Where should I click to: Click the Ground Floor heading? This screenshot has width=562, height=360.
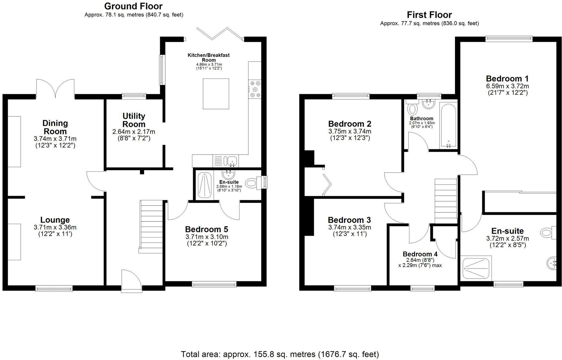coord(133,6)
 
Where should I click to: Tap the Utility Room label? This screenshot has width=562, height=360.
coord(134,120)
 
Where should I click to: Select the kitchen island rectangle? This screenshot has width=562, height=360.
coord(216,94)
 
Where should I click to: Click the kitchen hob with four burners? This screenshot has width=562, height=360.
coord(255,89)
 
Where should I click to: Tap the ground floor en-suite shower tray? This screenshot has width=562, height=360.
coord(205,185)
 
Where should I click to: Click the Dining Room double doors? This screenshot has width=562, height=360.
coord(55,88)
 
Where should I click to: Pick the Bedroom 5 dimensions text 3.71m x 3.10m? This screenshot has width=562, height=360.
coord(207,237)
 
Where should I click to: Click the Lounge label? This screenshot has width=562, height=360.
coord(55,220)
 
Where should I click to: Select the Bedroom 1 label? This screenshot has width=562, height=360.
coord(507,78)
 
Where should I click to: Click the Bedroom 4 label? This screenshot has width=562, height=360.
coord(420,254)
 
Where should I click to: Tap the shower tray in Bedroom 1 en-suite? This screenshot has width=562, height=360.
coord(476,268)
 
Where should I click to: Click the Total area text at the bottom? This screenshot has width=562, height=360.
coord(280,354)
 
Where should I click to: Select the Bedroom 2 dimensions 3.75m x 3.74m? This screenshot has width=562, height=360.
coord(350,131)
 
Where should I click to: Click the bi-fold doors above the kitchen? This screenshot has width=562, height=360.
coord(220,33)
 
